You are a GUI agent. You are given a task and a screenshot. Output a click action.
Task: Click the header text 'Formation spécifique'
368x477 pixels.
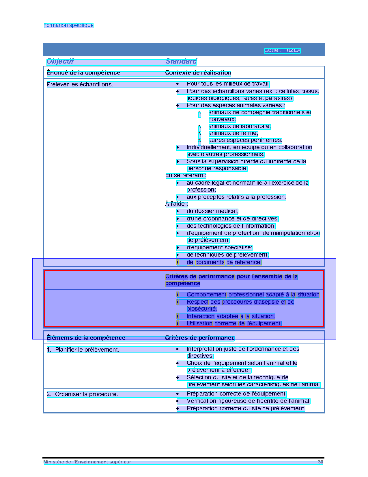[68, 25]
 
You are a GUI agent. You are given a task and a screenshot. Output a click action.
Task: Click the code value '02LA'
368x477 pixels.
[294, 50]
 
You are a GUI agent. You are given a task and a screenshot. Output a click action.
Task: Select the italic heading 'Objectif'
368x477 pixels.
[60, 61]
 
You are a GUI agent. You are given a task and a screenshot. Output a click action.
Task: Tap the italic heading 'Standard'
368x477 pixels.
[181, 61]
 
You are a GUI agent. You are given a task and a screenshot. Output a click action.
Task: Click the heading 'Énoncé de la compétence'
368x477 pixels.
[83, 73]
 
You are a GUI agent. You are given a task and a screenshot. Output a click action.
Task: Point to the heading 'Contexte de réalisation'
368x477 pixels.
[198, 73]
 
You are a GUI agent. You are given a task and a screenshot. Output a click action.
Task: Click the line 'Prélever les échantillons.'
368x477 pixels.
[80, 85]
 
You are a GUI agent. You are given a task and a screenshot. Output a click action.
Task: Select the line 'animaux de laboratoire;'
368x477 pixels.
[240, 126]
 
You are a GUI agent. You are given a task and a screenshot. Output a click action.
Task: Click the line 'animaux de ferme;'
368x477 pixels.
[233, 133]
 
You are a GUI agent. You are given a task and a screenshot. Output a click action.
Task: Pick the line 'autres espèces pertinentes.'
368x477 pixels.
[245, 140]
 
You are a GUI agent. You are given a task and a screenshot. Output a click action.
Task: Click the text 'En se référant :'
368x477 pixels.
[186, 175]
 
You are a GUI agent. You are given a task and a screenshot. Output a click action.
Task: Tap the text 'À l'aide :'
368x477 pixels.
[176, 204]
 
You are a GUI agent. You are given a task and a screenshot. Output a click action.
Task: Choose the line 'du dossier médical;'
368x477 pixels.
[212, 211]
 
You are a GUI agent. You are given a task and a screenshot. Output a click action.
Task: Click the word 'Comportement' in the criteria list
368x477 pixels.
[206, 295]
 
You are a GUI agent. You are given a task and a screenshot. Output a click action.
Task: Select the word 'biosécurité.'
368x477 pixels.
[201, 309]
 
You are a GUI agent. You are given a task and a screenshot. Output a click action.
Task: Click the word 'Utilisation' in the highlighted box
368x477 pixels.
[199, 324]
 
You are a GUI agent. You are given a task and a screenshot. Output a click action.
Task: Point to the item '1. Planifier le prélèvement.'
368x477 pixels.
[83, 350]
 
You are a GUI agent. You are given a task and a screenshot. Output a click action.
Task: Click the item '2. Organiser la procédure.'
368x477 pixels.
[83, 394]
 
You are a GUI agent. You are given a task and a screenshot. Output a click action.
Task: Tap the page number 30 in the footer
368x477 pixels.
[320, 462]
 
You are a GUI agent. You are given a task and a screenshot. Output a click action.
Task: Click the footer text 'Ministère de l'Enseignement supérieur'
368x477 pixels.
[87, 462]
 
